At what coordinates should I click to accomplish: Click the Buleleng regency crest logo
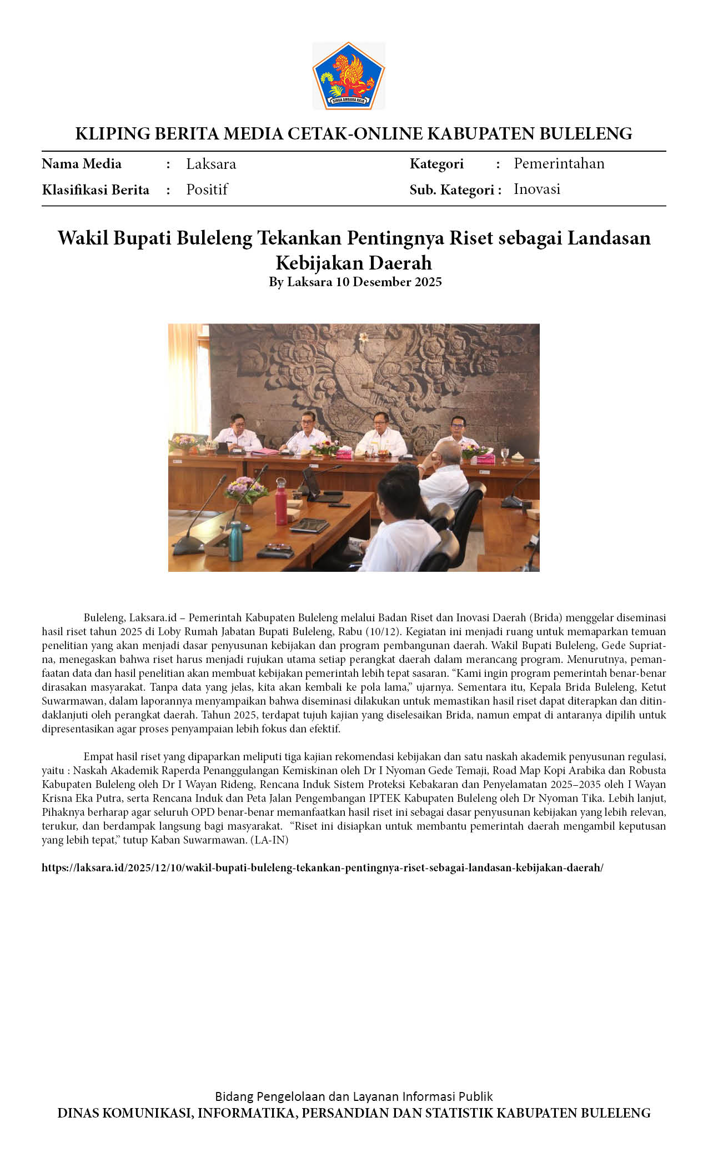[348, 76]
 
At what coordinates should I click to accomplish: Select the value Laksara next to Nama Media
[211, 164]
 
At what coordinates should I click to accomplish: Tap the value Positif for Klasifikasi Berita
[207, 189]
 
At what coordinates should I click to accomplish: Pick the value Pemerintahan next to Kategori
[559, 163]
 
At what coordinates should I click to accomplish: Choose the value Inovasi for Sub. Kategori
[536, 189]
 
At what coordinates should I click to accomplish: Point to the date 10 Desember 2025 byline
[389, 282]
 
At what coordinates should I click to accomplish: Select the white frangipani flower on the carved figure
[364, 337]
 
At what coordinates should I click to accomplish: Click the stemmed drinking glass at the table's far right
[504, 455]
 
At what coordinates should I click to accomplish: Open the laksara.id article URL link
[322, 867]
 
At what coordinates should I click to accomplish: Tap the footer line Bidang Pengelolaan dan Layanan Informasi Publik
[354, 1096]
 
